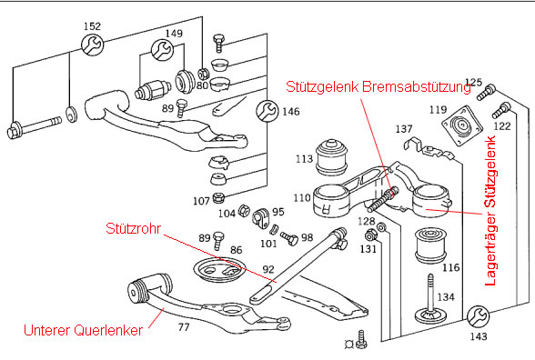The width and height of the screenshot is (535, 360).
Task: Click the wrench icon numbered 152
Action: click(x=92, y=45)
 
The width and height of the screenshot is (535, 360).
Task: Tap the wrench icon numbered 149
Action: click(x=162, y=50)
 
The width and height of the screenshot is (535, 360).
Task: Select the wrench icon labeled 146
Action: click(x=267, y=111)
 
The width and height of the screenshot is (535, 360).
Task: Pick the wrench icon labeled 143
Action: click(x=478, y=316)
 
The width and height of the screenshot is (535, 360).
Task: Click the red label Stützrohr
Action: click(x=133, y=228)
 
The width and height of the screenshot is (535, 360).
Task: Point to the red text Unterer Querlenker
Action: click(x=84, y=330)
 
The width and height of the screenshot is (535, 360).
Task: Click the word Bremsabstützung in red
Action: click(x=417, y=86)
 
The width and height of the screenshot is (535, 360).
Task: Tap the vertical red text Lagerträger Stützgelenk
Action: click(x=490, y=211)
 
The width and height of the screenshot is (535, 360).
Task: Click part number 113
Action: click(x=304, y=159)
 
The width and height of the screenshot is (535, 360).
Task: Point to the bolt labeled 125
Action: click(x=486, y=93)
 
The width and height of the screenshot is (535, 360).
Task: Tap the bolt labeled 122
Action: click(x=501, y=110)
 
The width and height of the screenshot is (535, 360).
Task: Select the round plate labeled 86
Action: click(x=218, y=270)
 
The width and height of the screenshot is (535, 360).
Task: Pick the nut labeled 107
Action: click(x=217, y=197)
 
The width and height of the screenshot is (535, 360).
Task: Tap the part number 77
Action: click(x=184, y=327)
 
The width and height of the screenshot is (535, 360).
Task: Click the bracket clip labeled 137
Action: click(x=429, y=148)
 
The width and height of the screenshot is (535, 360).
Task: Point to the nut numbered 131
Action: click(x=370, y=235)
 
